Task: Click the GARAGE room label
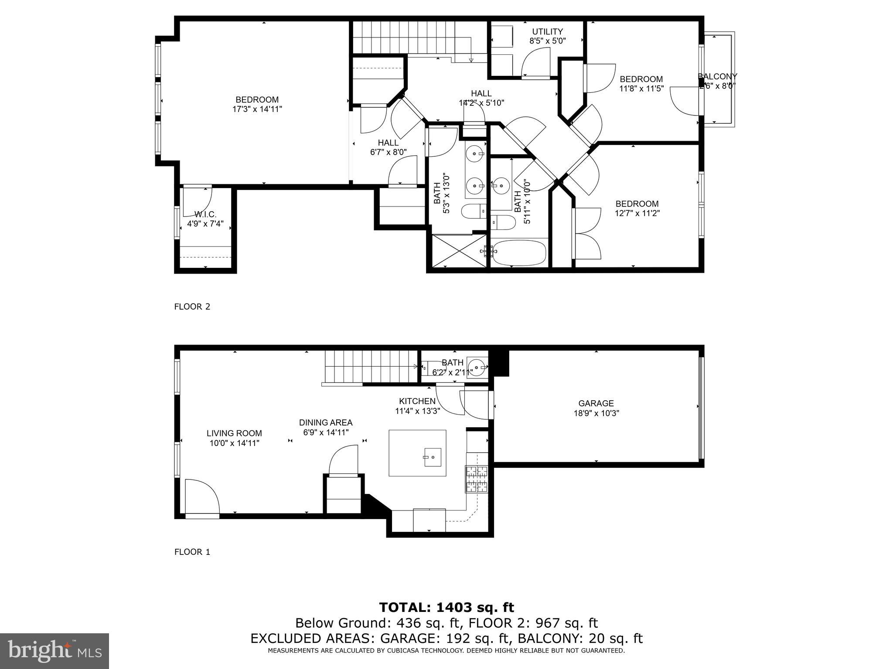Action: click(x=596, y=403)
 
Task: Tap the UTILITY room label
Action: click(x=547, y=31)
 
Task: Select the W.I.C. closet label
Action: click(x=205, y=214)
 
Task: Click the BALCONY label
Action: click(x=718, y=77)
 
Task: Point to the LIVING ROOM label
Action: click(x=234, y=433)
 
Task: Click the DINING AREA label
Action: click(x=325, y=422)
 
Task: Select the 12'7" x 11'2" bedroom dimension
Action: click(x=637, y=213)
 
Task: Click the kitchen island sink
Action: click(x=432, y=457)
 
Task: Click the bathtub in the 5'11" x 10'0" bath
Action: click(x=519, y=252)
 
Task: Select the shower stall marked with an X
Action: click(x=458, y=251)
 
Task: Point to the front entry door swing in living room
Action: click(x=202, y=497)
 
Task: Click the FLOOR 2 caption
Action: click(x=192, y=307)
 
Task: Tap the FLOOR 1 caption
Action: click(x=192, y=552)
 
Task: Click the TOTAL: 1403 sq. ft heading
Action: click(x=446, y=607)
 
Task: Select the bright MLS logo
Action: click(x=55, y=651)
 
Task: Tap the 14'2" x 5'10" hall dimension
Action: click(x=481, y=103)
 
